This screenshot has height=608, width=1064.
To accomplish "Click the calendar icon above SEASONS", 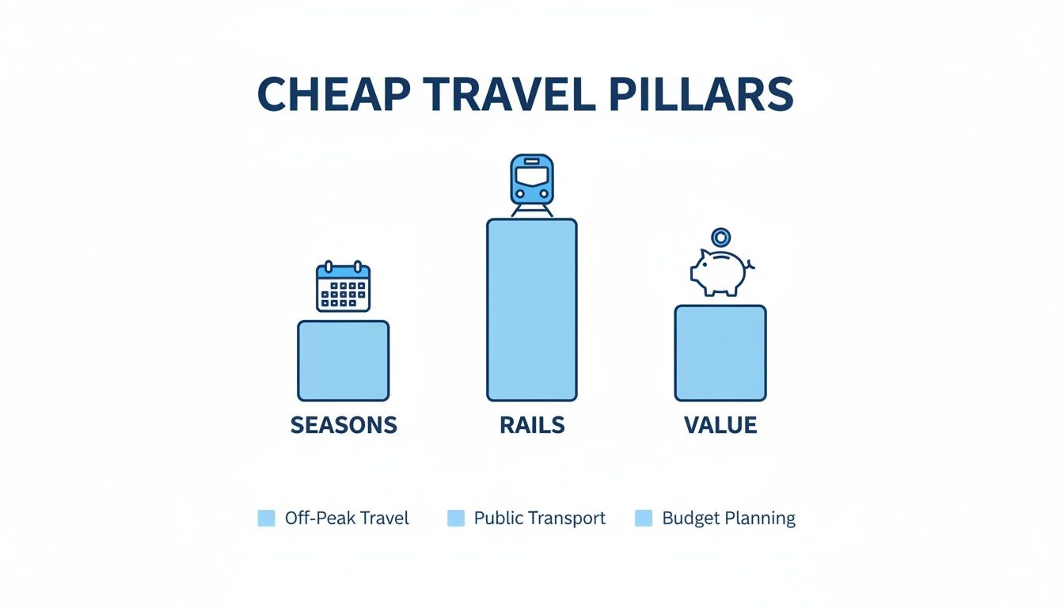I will click(343, 287).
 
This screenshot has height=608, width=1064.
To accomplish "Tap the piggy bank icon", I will click(720, 271).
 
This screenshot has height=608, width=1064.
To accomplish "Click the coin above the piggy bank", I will click(720, 237).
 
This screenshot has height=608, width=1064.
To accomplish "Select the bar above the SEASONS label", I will click(343, 360).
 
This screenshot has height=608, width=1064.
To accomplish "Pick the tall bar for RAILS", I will click(532, 310).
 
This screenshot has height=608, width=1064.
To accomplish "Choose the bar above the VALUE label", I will click(720, 353).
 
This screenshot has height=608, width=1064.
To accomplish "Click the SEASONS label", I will click(343, 425).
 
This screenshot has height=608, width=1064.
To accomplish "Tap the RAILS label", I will click(532, 425).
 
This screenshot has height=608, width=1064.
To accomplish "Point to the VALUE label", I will click(720, 425).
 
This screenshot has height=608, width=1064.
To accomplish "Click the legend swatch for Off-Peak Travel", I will click(267, 519).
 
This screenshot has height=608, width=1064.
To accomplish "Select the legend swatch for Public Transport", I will click(456, 519).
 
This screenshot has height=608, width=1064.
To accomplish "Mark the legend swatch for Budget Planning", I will click(644, 519).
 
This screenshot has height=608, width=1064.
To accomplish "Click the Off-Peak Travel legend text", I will click(347, 519).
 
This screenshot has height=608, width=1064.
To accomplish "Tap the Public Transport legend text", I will click(540, 519).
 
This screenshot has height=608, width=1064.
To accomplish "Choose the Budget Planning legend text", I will click(728, 519).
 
